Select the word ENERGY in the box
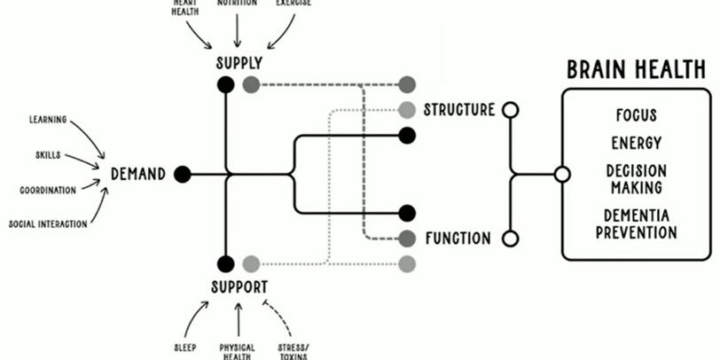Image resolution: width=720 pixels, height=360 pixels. click(637, 143)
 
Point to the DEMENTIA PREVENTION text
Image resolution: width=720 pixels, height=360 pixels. click(637, 224)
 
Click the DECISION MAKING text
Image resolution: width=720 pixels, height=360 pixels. click(637, 178)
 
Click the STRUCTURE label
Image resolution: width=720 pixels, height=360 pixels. click(458, 110)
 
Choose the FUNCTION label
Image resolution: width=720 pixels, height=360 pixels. click(458, 239)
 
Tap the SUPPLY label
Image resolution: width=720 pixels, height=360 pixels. click(239, 64)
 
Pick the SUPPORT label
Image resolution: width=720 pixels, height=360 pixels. click(239, 286)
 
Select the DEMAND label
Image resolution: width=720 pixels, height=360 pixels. click(137, 175)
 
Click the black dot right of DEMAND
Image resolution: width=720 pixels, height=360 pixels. click(183, 175)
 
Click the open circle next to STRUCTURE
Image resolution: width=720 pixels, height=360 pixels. click(510, 110)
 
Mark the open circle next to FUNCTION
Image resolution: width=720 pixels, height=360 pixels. click(510, 239)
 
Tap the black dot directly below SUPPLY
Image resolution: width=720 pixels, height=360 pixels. click(226, 85)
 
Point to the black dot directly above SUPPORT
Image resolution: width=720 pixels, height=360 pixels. click(226, 263)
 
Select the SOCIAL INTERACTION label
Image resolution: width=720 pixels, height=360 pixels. click(48, 224)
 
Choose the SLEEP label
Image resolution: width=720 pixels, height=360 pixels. click(184, 347)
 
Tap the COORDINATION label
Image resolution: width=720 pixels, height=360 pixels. click(48, 190)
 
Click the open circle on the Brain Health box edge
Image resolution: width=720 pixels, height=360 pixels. click(561, 175)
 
